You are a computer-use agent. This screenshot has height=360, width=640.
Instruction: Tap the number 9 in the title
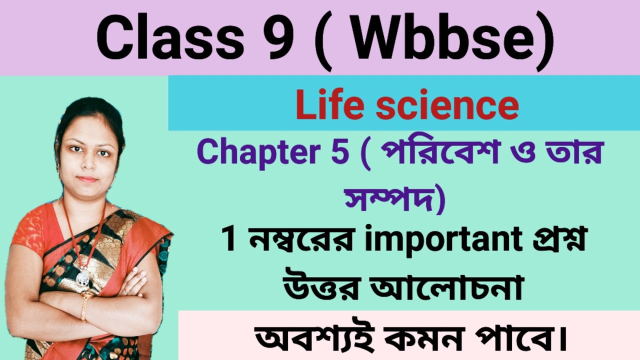click(x=277, y=38)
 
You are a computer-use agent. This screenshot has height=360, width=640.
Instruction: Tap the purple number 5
click(x=340, y=153)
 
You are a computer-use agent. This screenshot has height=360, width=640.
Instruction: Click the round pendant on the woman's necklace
click(x=83, y=278)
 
